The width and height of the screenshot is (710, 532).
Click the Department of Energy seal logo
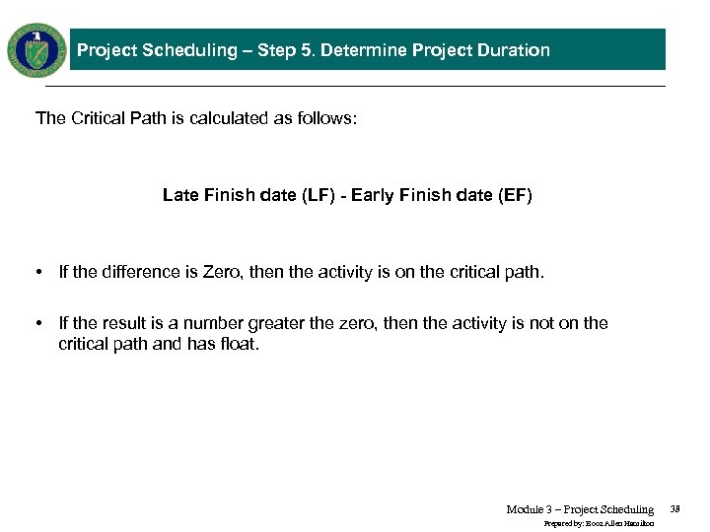click(x=36, y=49)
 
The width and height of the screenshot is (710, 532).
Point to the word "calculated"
click(x=231, y=118)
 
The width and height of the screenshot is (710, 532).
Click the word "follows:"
click(x=327, y=118)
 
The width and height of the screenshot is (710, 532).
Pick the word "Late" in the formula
click(x=180, y=195)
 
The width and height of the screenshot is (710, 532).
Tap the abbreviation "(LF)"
click(x=318, y=195)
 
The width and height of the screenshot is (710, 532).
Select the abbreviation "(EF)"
click(x=516, y=195)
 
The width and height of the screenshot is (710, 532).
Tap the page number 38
click(x=675, y=509)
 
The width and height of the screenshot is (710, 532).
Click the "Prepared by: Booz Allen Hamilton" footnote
click(x=600, y=524)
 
